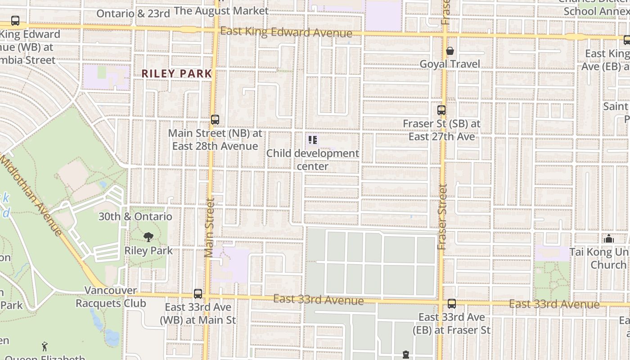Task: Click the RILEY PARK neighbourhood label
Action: [176, 73]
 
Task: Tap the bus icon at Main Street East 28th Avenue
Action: [215, 120]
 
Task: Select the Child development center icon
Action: [313, 140]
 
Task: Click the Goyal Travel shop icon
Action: [450, 51]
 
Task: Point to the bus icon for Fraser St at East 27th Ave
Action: [441, 110]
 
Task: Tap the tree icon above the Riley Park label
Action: [148, 237]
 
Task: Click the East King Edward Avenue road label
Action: [286, 32]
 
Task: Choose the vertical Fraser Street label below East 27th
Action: [442, 217]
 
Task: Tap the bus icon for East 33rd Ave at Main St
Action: [198, 294]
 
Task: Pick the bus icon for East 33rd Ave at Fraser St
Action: [452, 304]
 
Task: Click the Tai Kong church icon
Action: [609, 238]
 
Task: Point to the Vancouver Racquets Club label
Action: [111, 297]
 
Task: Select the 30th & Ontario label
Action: [135, 216]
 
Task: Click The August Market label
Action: [221, 10]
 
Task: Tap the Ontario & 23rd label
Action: [133, 13]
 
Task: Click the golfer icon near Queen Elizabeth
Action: [44, 346]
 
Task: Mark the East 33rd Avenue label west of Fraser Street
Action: [318, 299]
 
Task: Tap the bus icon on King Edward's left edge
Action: [15, 21]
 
